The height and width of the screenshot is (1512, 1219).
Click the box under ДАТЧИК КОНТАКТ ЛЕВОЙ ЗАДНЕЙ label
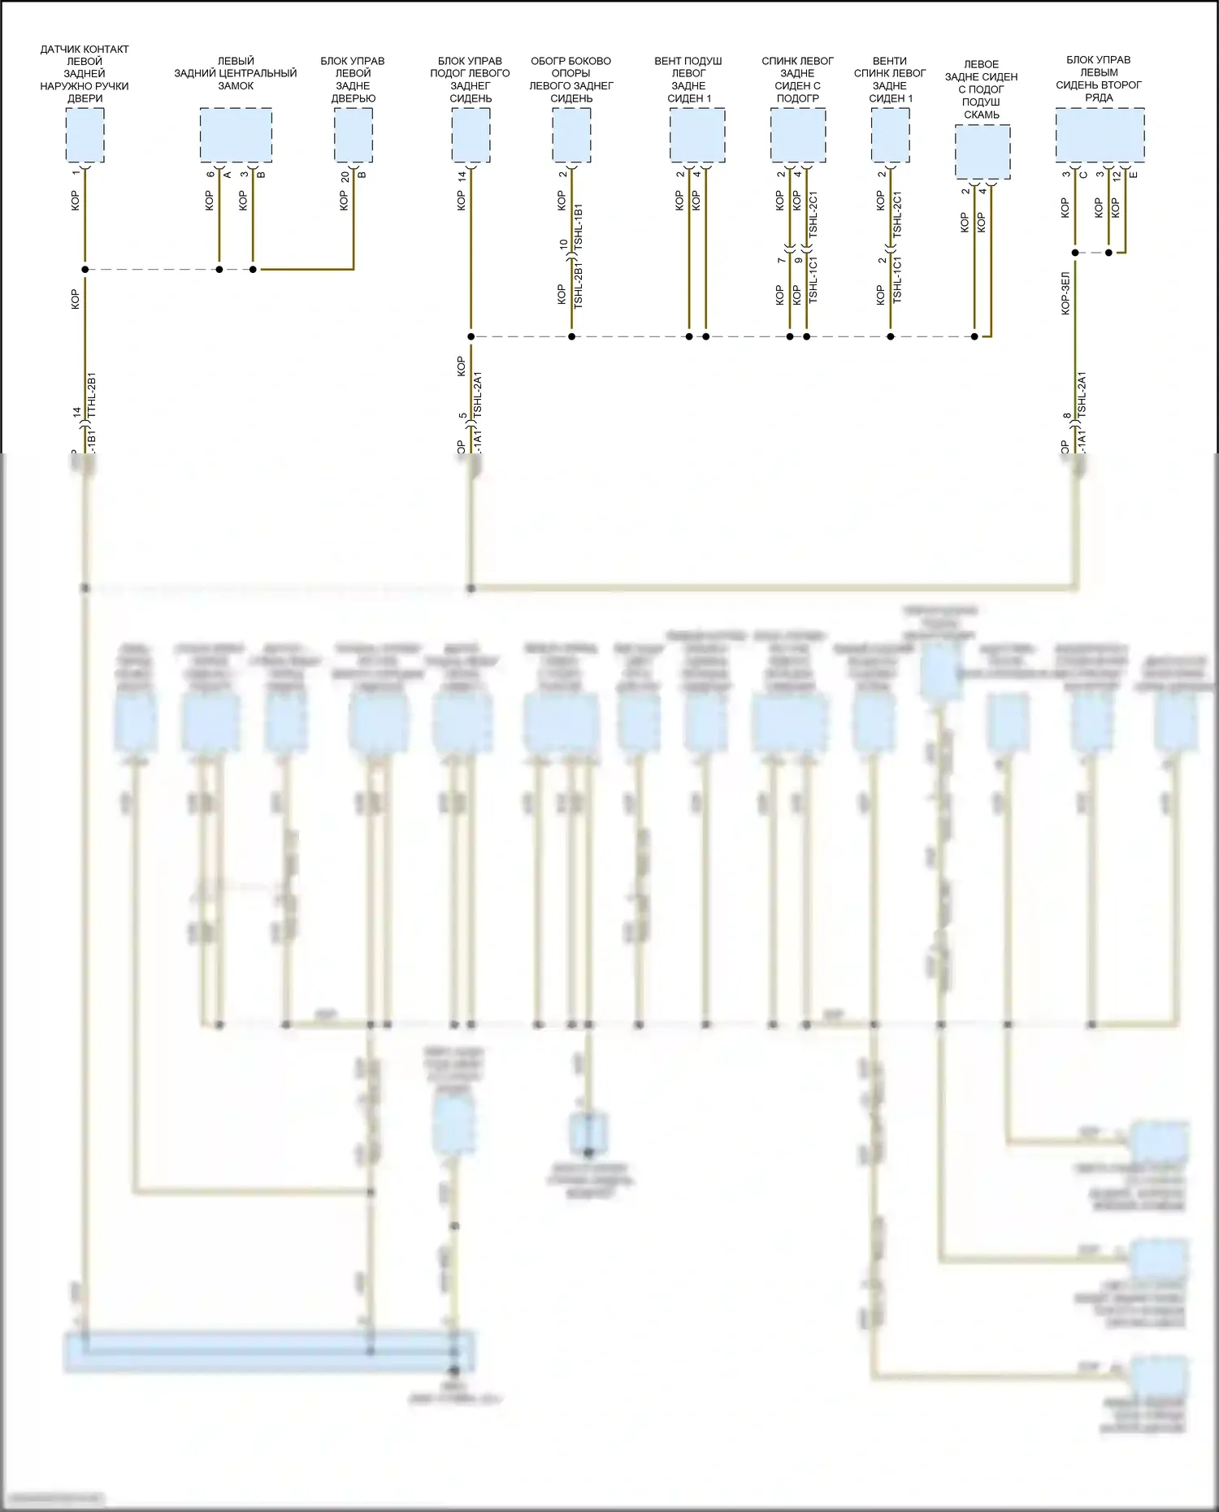(85, 135)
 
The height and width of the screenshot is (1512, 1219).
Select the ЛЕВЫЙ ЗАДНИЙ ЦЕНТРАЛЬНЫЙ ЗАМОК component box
(236, 135)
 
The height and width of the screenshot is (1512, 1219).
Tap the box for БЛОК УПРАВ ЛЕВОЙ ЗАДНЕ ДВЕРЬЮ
(354, 135)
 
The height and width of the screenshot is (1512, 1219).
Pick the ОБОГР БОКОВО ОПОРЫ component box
(571, 135)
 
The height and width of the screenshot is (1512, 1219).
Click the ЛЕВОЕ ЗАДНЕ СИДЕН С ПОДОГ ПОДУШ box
(983, 152)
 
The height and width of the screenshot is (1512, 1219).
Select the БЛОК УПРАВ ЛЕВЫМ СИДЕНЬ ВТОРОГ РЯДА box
(1100, 135)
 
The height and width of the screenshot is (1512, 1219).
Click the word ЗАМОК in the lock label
(236, 86)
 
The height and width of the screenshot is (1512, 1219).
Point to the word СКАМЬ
(982, 115)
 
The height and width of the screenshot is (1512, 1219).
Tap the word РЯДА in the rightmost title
(1099, 97)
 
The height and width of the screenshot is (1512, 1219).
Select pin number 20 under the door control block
(345, 175)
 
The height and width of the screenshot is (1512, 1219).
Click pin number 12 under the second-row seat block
(1117, 175)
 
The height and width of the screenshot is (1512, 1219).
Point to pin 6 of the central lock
(211, 174)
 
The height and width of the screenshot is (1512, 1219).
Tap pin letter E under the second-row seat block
(1134, 175)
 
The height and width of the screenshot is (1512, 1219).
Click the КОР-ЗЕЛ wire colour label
(1065, 293)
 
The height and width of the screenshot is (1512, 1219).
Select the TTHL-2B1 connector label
(92, 395)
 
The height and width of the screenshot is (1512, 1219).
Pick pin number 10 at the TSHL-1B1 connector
(563, 244)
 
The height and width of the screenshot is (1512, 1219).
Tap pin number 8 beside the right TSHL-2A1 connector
(1067, 416)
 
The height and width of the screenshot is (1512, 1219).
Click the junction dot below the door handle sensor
(85, 269)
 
